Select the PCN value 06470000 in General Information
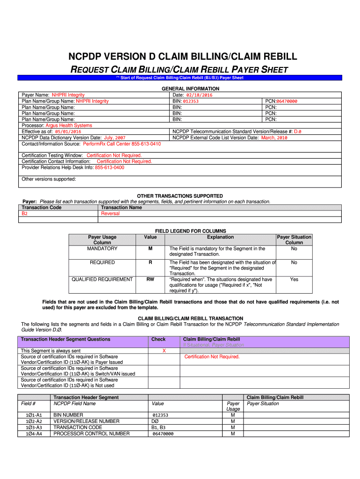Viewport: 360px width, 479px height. point(287,101)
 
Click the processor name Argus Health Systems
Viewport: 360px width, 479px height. point(69,125)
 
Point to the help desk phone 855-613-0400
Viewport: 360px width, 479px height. point(109,167)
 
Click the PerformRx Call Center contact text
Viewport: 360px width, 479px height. point(122,144)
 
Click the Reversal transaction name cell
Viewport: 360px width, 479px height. point(110,213)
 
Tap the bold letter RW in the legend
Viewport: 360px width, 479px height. point(150,279)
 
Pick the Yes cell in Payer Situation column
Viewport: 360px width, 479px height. point(294,279)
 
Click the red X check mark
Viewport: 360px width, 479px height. point(164,350)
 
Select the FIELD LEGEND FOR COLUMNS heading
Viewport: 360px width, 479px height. point(190,231)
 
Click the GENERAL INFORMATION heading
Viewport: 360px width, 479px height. point(190,88)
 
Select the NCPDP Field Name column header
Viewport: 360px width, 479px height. point(75,403)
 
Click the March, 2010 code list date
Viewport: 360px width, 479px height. point(274,138)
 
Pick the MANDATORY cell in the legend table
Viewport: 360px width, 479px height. point(102,248)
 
